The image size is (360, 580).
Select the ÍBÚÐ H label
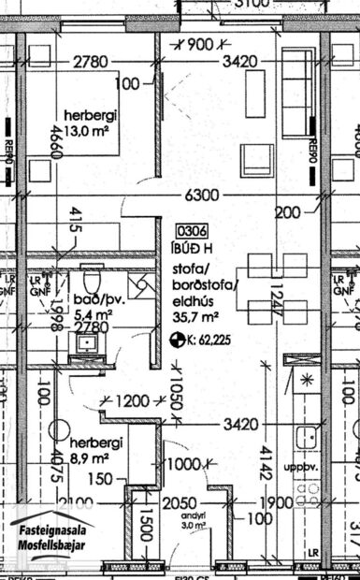click(192, 247)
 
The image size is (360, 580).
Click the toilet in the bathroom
click(91, 280)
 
